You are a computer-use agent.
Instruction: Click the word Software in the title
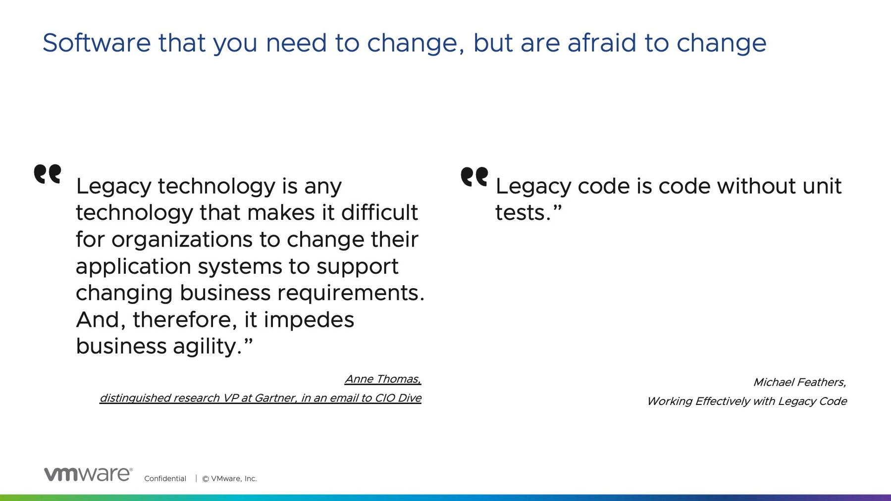97,43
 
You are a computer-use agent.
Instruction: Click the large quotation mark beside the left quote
48,174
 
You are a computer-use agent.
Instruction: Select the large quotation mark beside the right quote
474,177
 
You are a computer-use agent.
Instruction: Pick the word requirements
351,294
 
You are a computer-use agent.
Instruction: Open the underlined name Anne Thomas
383,379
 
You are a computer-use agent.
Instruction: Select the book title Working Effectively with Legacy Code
747,401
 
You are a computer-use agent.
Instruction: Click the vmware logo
88,474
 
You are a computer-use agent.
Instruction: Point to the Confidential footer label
165,479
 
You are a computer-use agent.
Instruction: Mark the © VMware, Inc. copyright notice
229,479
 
